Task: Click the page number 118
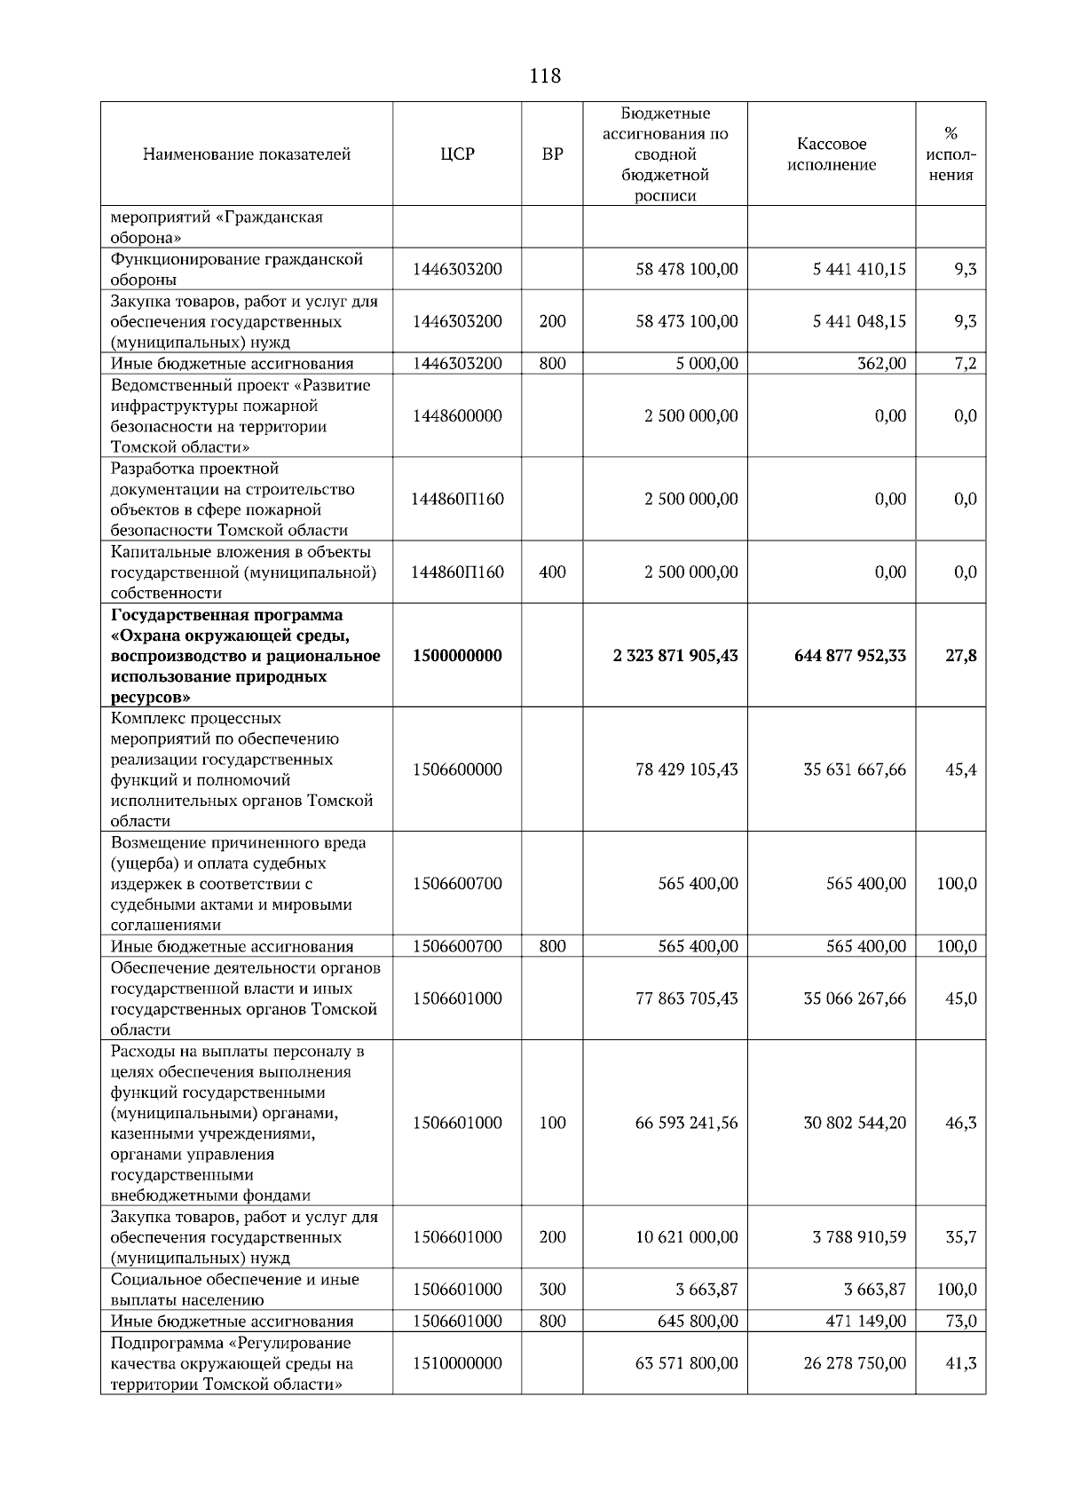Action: (544, 76)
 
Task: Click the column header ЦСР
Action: (457, 154)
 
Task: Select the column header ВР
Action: (552, 154)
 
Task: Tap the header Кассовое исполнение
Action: (832, 154)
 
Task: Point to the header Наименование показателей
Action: (247, 154)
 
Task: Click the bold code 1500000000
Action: (457, 656)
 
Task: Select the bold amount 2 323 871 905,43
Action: (675, 656)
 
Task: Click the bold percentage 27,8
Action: (960, 656)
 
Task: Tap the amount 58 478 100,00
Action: (686, 269)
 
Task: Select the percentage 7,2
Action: (966, 363)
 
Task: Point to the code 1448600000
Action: (457, 416)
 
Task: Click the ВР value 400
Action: (552, 572)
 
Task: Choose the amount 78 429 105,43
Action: (686, 769)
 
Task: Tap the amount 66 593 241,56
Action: (686, 1123)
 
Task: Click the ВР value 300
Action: (552, 1290)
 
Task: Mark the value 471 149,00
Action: (866, 1321)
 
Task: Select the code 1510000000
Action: (457, 1363)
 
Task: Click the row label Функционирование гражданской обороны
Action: (237, 269)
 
